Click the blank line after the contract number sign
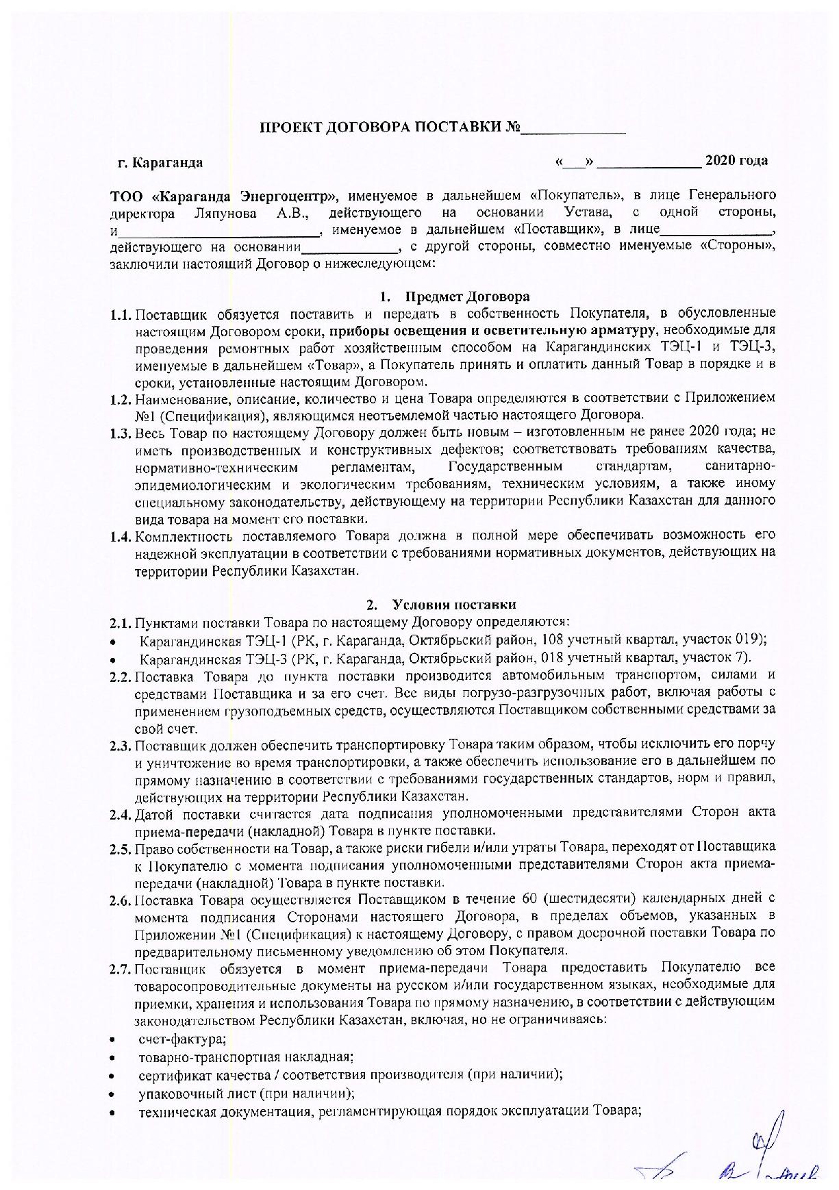[x=574, y=129]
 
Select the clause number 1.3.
[x=120, y=433]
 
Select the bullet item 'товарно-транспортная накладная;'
[x=246, y=1057]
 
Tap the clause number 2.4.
[x=120, y=814]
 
